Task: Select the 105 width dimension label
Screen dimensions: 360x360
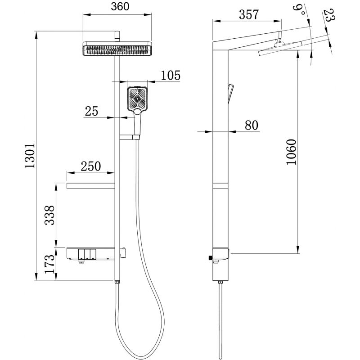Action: click(x=171, y=75)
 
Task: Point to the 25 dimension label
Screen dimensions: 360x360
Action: click(x=91, y=111)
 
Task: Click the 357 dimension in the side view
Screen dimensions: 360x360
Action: click(x=248, y=15)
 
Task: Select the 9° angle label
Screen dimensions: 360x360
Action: click(x=300, y=8)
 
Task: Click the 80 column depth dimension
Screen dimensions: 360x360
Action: click(x=251, y=126)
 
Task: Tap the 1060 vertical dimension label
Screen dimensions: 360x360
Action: click(x=291, y=153)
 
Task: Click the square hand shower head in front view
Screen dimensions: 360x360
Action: click(x=137, y=99)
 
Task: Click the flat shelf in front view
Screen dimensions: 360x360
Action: click(x=90, y=186)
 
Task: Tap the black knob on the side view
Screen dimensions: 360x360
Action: click(x=209, y=258)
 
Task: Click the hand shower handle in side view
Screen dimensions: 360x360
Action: click(x=231, y=92)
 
